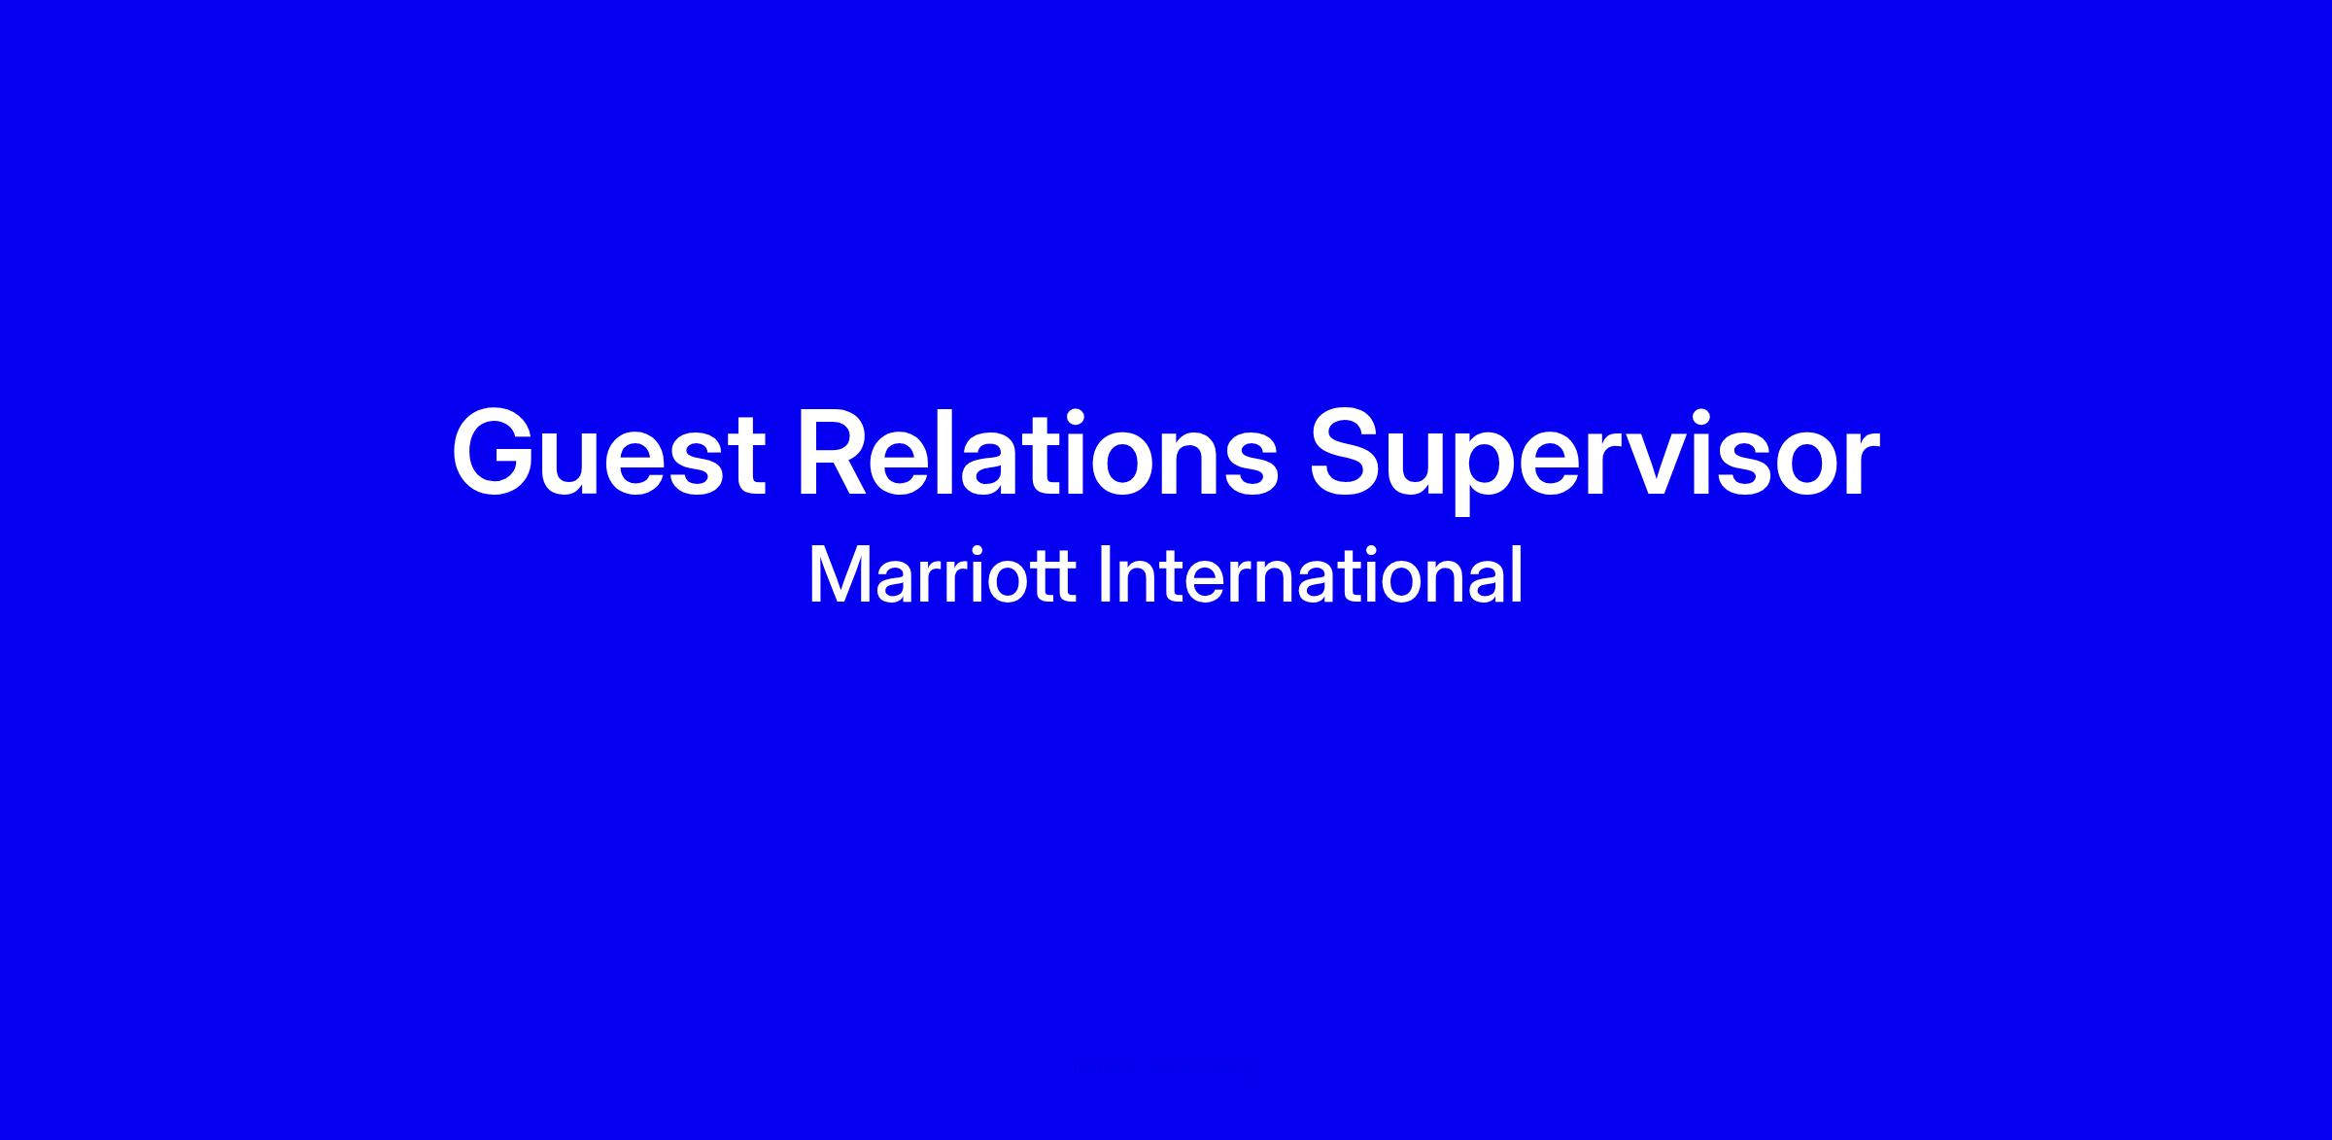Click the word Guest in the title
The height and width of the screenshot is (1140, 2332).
[608, 453]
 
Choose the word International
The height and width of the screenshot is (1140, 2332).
[1310, 574]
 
